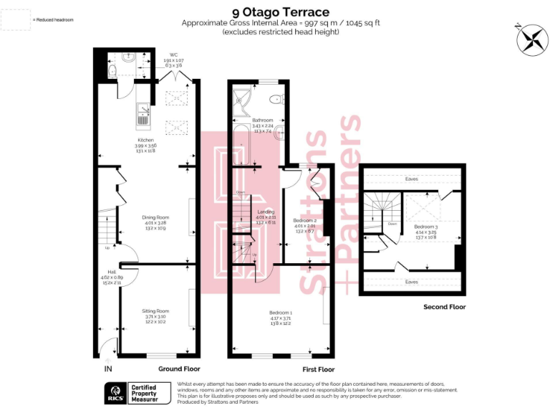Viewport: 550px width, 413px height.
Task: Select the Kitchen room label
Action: (x=146, y=140)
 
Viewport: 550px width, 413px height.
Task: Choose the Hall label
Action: (x=112, y=272)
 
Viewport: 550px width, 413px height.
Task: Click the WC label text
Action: (x=173, y=54)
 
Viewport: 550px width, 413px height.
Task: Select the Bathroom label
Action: (x=263, y=120)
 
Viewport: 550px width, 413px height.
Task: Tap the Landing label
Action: (x=266, y=212)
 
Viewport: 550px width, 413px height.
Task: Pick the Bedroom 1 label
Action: (x=280, y=313)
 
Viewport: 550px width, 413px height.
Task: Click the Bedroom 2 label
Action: (x=305, y=220)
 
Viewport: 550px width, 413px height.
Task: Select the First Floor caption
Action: (x=318, y=369)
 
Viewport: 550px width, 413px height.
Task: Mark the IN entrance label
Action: (x=108, y=369)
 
